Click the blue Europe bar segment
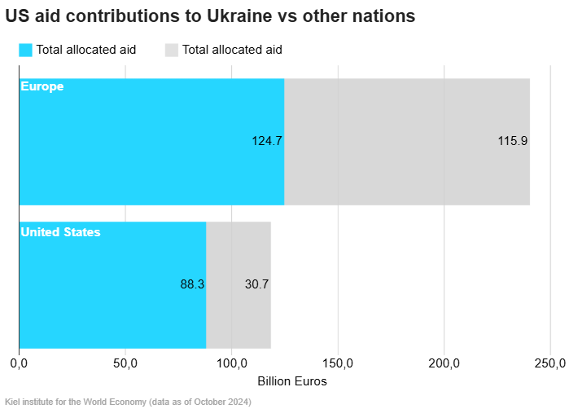151,142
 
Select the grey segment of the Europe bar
407,142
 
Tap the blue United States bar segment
112,285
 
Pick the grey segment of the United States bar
239,285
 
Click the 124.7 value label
267,141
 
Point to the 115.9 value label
512,141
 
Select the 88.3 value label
192,284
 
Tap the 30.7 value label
256,284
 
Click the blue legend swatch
25,51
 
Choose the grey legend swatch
172,51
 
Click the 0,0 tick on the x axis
19,363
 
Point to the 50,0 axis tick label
125,363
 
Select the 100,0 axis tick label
232,363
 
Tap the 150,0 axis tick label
338,363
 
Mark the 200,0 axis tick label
444,363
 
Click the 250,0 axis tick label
550,363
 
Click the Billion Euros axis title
292,381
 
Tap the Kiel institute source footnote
128,402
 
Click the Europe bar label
42,87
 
